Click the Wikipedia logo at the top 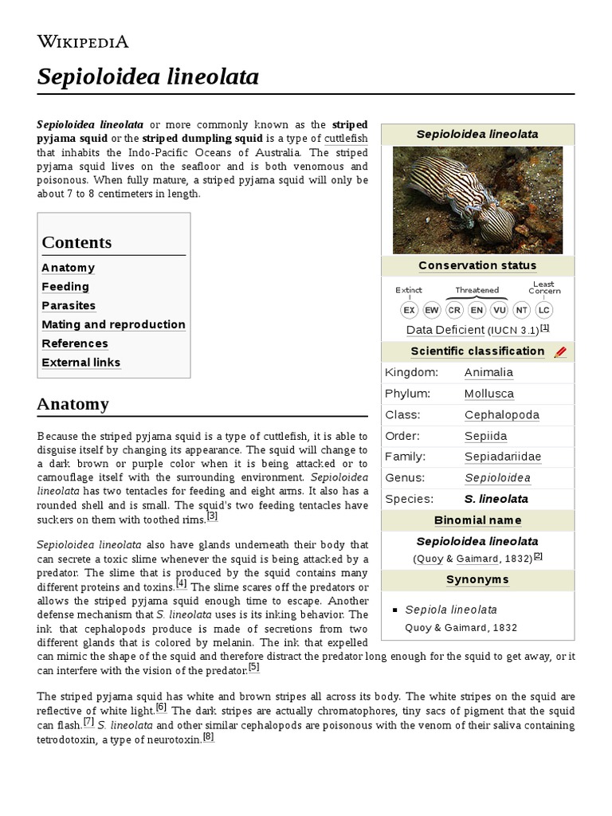click(x=83, y=42)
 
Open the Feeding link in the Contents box click(x=65, y=287)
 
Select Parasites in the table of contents click(x=69, y=306)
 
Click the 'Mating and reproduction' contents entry click(x=113, y=325)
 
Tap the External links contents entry click(x=81, y=363)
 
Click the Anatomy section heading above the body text click(x=73, y=404)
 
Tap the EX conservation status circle click(x=409, y=310)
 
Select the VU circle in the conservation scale click(x=499, y=310)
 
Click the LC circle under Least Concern click(x=543, y=310)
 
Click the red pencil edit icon click(x=560, y=351)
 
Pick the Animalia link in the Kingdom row click(x=488, y=372)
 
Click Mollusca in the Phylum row click(x=489, y=394)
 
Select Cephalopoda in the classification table click(x=502, y=414)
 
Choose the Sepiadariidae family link click(x=502, y=457)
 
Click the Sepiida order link click(x=485, y=436)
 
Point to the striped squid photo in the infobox click(x=477, y=202)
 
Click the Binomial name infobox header click(x=477, y=520)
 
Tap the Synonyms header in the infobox click(x=477, y=579)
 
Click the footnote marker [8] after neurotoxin click(x=209, y=737)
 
